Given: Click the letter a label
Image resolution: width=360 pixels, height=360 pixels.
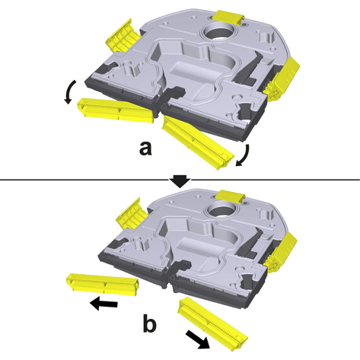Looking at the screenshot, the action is coord(145,148).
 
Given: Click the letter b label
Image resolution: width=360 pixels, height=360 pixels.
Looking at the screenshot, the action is coord(150,323).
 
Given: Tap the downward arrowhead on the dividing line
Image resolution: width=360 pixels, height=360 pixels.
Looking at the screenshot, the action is coord(180,181).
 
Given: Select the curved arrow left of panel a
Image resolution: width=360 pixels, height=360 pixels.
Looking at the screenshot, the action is coord(69,92).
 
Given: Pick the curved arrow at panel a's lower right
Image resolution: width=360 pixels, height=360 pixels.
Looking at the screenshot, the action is coord(244,156).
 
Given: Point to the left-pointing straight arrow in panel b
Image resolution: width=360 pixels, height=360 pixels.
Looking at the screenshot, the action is coord(104,304).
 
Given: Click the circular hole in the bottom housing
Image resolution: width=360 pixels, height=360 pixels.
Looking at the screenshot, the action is coord(222,210).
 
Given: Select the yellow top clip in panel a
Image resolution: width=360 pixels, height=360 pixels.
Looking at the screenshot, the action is coord(228,18).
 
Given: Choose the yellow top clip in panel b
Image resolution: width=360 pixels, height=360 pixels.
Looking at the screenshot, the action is coord(230,196).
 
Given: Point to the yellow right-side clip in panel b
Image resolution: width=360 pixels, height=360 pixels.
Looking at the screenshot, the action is coord(280,253).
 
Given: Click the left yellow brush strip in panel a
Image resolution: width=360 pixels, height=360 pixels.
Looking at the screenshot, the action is coord(116,111).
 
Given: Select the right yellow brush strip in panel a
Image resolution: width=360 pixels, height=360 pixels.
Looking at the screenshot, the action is coord(199,142).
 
